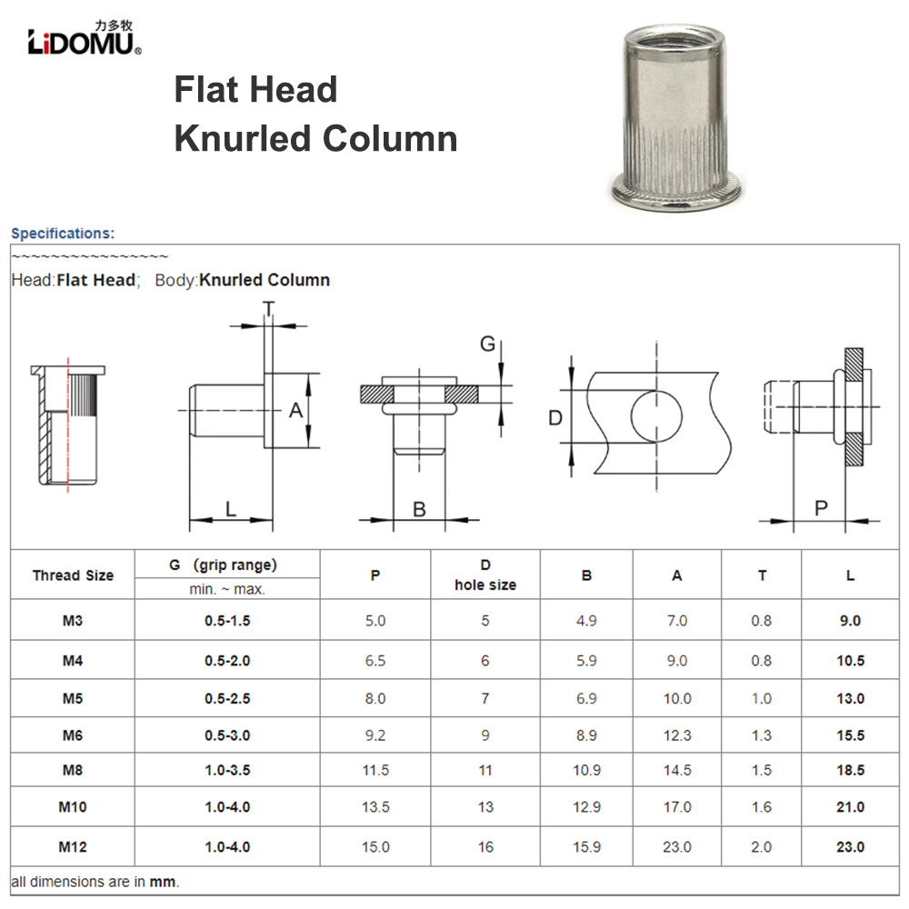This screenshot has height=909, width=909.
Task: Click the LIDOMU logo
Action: (84, 39)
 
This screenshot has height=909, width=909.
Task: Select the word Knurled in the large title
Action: (242, 139)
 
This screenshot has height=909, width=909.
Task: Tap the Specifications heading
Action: (63, 234)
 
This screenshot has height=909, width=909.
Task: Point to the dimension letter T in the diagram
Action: (269, 309)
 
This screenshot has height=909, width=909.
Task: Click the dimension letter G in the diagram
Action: (488, 344)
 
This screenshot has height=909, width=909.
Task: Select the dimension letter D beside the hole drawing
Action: (556, 418)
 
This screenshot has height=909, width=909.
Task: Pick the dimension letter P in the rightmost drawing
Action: (821, 508)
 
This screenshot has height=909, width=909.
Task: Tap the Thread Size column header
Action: (73, 575)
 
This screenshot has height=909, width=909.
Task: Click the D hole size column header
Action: (485, 575)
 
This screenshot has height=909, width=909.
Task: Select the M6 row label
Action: (73, 735)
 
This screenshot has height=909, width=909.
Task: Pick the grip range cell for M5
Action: (227, 698)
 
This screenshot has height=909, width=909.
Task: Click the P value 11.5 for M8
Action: (375, 770)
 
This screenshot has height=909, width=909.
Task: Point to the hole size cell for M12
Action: (485, 847)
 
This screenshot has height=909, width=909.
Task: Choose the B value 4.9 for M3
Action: (586, 621)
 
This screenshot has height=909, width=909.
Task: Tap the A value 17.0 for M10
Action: (677, 807)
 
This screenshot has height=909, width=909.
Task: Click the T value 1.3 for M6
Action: (762, 735)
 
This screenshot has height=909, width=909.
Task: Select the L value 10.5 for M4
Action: (850, 661)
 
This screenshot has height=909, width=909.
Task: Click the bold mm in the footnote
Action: (164, 882)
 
